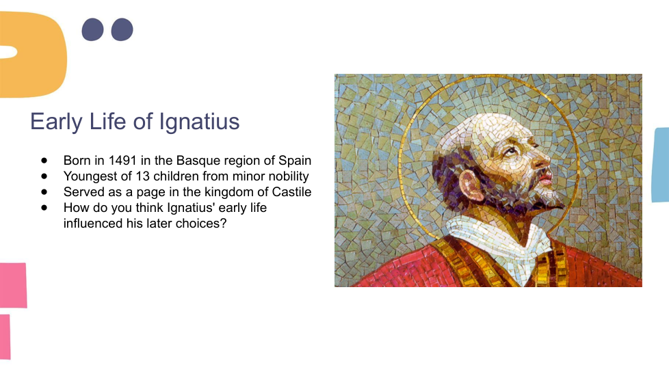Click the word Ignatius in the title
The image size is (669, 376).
(199, 122)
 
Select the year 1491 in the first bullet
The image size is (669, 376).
(122, 160)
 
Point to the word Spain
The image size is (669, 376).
(295, 160)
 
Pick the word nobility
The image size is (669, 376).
(289, 176)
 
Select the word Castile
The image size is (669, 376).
(292, 192)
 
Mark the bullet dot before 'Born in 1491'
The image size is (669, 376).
(44, 161)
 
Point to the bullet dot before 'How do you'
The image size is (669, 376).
(44, 208)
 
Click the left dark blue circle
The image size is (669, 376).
(92, 29)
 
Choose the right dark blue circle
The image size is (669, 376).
(122, 29)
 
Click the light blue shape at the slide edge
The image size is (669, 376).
(661, 165)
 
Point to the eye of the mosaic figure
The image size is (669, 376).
(510, 151)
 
